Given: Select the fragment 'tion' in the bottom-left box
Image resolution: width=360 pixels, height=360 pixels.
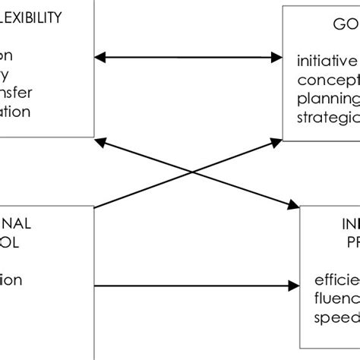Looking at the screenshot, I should pos(11,279).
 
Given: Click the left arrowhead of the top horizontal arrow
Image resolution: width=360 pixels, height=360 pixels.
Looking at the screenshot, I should pos(99,57).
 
